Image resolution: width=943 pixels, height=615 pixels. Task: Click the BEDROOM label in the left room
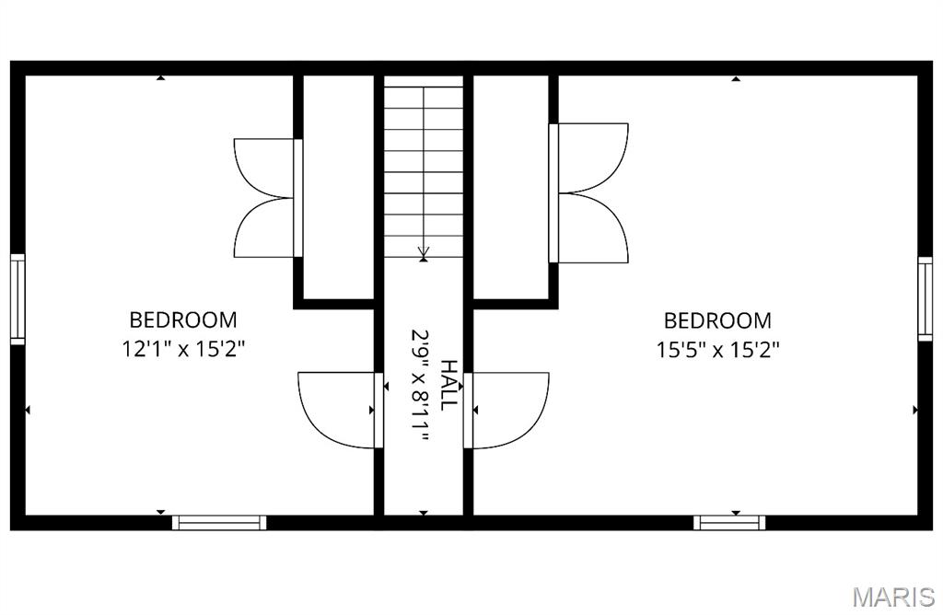click(183, 320)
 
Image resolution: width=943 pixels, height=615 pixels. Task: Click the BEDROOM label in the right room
click(717, 320)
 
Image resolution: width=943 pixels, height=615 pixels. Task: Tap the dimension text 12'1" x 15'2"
click(183, 350)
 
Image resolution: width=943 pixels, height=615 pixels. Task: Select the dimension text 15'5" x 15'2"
click(717, 350)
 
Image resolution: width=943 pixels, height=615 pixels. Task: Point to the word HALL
click(448, 385)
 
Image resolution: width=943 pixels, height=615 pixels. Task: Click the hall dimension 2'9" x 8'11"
click(422, 387)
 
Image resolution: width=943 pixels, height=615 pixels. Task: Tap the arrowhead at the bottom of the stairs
click(423, 250)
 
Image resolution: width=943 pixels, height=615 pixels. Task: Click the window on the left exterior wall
click(17, 299)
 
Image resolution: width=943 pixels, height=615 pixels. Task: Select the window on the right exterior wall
click(925, 299)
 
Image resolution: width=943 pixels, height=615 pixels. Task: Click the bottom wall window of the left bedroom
click(219, 522)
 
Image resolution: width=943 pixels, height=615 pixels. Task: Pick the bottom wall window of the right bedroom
click(729, 522)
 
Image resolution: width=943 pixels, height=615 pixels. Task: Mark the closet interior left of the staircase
click(339, 184)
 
